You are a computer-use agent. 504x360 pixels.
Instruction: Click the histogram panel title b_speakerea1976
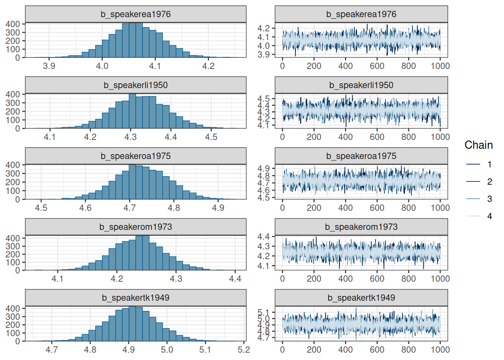pyautogui.click(x=135, y=14)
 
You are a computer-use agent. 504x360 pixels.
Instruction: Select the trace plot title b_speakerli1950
pyautogui.click(x=361, y=85)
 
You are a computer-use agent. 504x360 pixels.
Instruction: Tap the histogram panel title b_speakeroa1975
pyautogui.click(x=135, y=156)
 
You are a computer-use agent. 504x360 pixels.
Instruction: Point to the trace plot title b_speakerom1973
pyautogui.click(x=361, y=227)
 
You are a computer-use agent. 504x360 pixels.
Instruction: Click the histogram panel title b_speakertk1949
pyautogui.click(x=135, y=298)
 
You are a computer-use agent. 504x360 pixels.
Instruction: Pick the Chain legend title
pyautogui.click(x=478, y=145)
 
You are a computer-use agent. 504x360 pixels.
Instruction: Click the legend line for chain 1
pyautogui.click(x=473, y=164)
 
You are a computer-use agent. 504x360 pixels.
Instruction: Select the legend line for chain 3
pyautogui.click(x=473, y=199)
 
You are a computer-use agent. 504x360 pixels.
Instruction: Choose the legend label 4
pyautogui.click(x=489, y=216)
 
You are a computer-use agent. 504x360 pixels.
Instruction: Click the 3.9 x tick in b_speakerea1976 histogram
pyautogui.click(x=49, y=66)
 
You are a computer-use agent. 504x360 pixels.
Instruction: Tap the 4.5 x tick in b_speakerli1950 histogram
pyautogui.click(x=211, y=137)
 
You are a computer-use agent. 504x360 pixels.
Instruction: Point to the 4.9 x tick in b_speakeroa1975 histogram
pyautogui.click(x=218, y=208)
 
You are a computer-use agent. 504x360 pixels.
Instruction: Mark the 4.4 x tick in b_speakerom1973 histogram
pyautogui.click(x=235, y=279)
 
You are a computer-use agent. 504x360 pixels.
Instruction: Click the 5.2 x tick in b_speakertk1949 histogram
pyautogui.click(x=243, y=349)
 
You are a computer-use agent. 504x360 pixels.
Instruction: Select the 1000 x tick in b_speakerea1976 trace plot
pyautogui.click(x=440, y=66)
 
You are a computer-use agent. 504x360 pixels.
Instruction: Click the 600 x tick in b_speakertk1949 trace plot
pyautogui.click(x=377, y=349)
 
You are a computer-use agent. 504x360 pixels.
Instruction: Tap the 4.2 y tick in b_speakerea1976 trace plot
pyautogui.click(x=264, y=28)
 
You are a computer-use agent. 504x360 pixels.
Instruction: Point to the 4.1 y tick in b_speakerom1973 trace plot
pyautogui.click(x=264, y=266)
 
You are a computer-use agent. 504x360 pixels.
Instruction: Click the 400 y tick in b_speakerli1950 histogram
pyautogui.click(x=13, y=94)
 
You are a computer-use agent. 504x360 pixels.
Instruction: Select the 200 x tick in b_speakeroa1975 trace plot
pyautogui.click(x=314, y=208)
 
